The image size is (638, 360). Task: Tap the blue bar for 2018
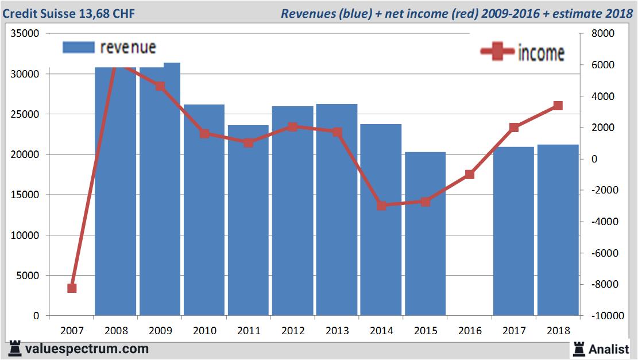558,230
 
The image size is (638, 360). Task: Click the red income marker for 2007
72,288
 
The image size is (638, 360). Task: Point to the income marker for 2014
381,205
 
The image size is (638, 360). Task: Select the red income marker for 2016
470,174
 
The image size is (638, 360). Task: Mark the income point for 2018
558,106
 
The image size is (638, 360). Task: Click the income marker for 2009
160,86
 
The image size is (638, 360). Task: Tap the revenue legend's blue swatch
79,48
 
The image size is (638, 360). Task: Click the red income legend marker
497,52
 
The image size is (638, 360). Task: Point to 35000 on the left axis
25,34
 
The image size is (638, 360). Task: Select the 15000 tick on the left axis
25,195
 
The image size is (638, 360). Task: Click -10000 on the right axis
601,316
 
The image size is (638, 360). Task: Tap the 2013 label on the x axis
337,331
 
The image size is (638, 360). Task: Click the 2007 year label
72,331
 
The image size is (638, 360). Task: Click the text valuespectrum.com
87,349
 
